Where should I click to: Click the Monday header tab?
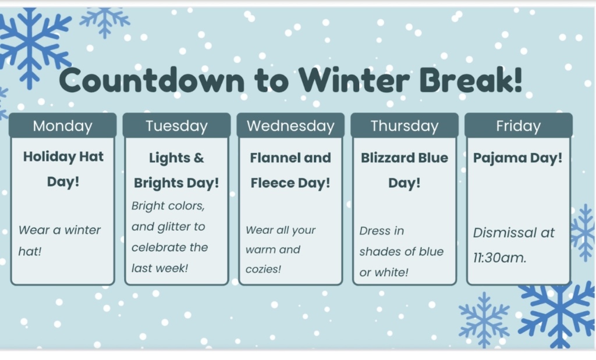(63, 125)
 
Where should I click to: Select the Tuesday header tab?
(177, 125)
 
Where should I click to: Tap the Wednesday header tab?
(291, 125)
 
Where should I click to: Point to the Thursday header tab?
(405, 125)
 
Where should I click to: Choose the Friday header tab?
(519, 125)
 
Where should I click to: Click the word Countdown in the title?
(152, 80)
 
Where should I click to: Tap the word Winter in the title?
(354, 80)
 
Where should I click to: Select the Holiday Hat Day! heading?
(63, 169)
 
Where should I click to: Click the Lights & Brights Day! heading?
(176, 170)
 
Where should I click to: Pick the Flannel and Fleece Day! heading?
(290, 170)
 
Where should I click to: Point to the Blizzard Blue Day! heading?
(405, 170)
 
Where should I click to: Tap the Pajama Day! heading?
(517, 158)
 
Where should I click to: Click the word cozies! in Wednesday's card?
(263, 269)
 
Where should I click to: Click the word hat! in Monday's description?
(30, 251)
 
